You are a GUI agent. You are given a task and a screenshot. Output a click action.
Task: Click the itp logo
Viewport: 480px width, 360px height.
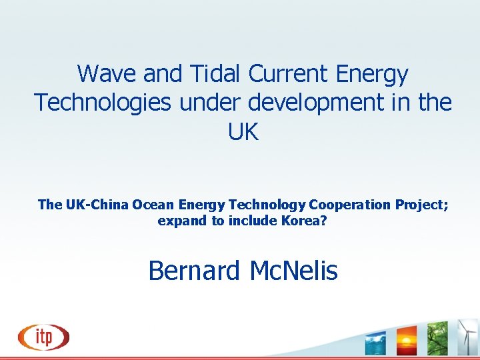tap(44, 336)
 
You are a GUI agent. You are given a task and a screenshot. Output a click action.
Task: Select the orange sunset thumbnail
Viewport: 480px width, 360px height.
tap(406, 340)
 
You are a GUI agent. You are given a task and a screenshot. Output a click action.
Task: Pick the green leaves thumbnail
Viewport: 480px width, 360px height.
tap(437, 339)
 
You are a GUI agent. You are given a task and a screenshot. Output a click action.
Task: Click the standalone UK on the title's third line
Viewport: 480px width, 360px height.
tap(243, 132)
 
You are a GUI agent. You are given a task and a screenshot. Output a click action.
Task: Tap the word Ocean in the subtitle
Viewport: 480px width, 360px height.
tap(150, 205)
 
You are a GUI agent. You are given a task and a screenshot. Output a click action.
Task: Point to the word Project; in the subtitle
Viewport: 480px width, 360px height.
tap(416, 205)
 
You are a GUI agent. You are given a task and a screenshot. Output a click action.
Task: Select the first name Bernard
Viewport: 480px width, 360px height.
tap(194, 271)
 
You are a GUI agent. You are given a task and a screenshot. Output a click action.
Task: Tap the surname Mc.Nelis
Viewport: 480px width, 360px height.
tap(293, 271)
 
